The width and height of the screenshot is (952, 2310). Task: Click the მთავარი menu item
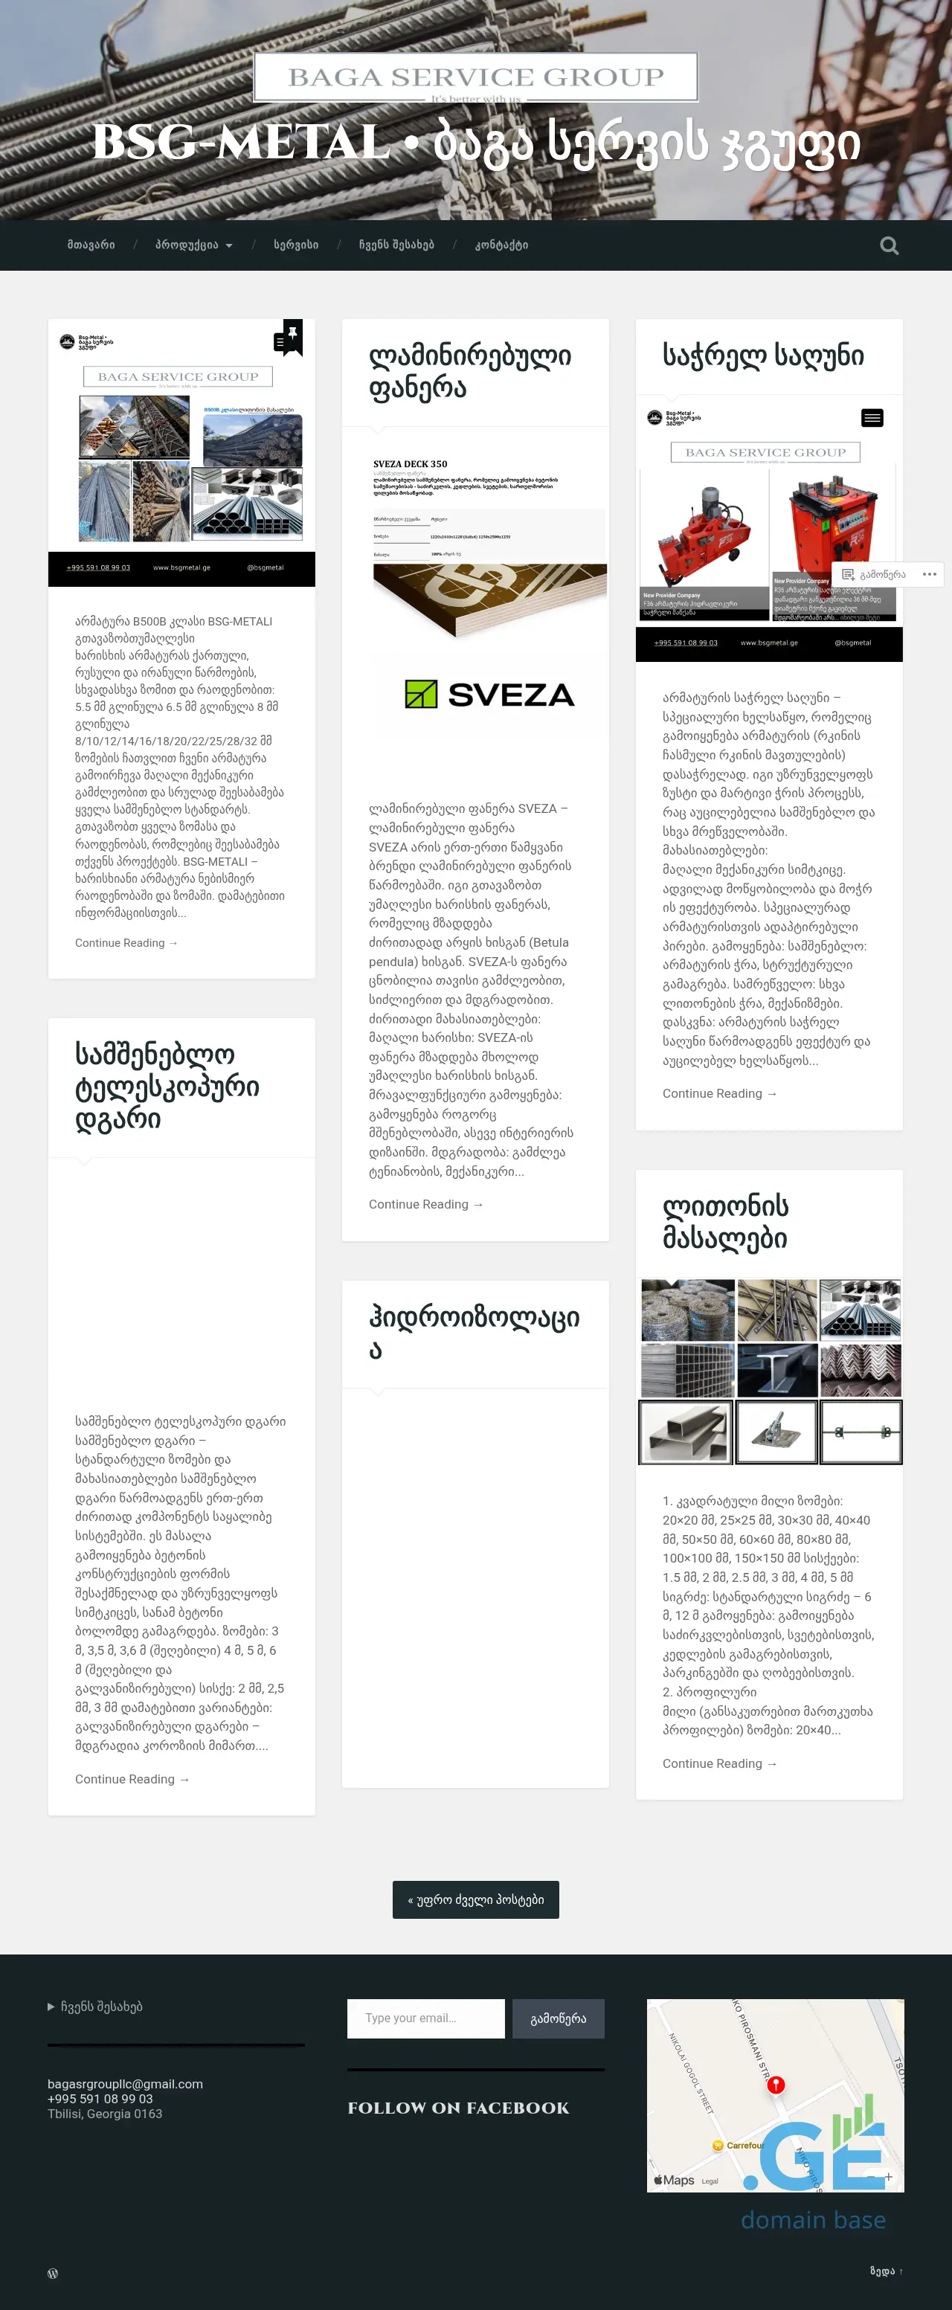coord(91,245)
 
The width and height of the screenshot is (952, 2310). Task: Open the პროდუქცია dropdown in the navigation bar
coord(193,245)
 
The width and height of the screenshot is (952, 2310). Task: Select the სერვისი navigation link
coord(296,245)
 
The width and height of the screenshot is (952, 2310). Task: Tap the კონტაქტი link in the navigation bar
coord(501,245)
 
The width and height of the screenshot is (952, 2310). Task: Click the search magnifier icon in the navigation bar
coord(888,245)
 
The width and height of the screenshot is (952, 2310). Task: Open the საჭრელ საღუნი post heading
coord(763,356)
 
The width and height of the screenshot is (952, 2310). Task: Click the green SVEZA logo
coord(489,694)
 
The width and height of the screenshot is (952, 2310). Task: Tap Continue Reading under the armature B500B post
coord(126,942)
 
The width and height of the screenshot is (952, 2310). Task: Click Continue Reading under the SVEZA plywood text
coord(426,1204)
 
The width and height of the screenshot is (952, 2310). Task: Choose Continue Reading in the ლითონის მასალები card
coord(719,1763)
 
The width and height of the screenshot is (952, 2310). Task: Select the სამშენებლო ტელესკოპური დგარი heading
coord(167,1086)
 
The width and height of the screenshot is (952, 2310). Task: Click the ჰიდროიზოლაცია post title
coord(473,1333)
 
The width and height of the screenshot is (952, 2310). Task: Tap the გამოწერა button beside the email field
coord(558,2018)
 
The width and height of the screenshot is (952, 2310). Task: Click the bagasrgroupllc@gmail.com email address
coord(126,2083)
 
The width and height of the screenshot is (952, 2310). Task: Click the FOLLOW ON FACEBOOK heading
coord(458,2108)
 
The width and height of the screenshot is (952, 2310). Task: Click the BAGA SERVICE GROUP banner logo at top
coord(475,78)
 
